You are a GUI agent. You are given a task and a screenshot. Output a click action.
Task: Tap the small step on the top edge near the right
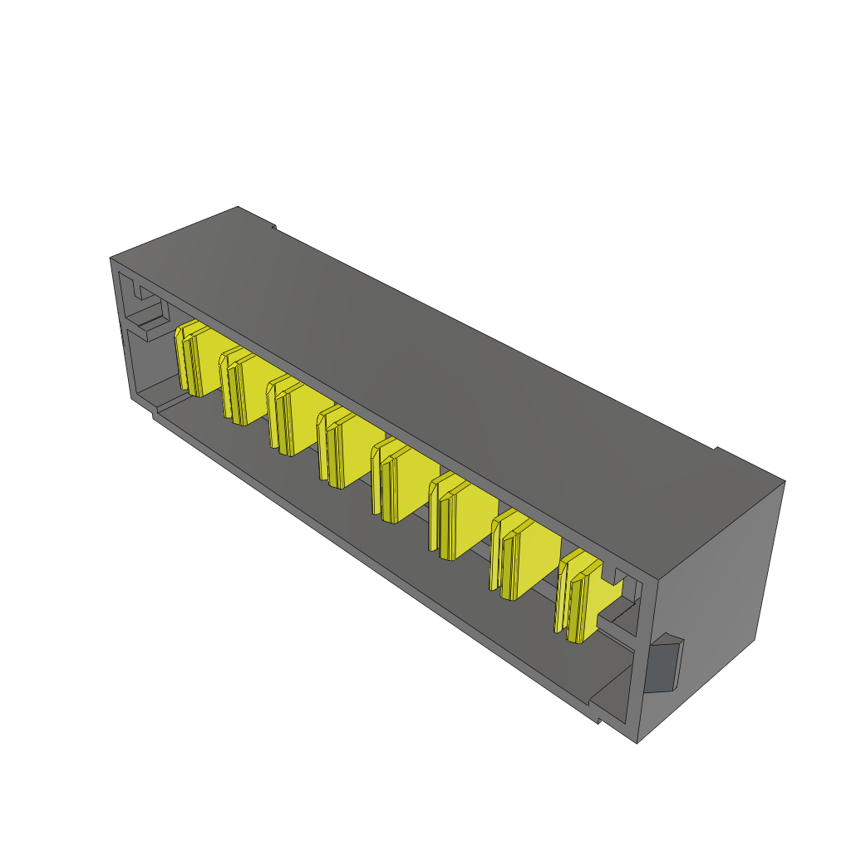coord(716,450)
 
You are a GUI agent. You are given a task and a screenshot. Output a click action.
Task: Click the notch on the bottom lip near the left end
coord(155,411)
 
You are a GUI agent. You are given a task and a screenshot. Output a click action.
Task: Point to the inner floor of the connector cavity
coord(374,548)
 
